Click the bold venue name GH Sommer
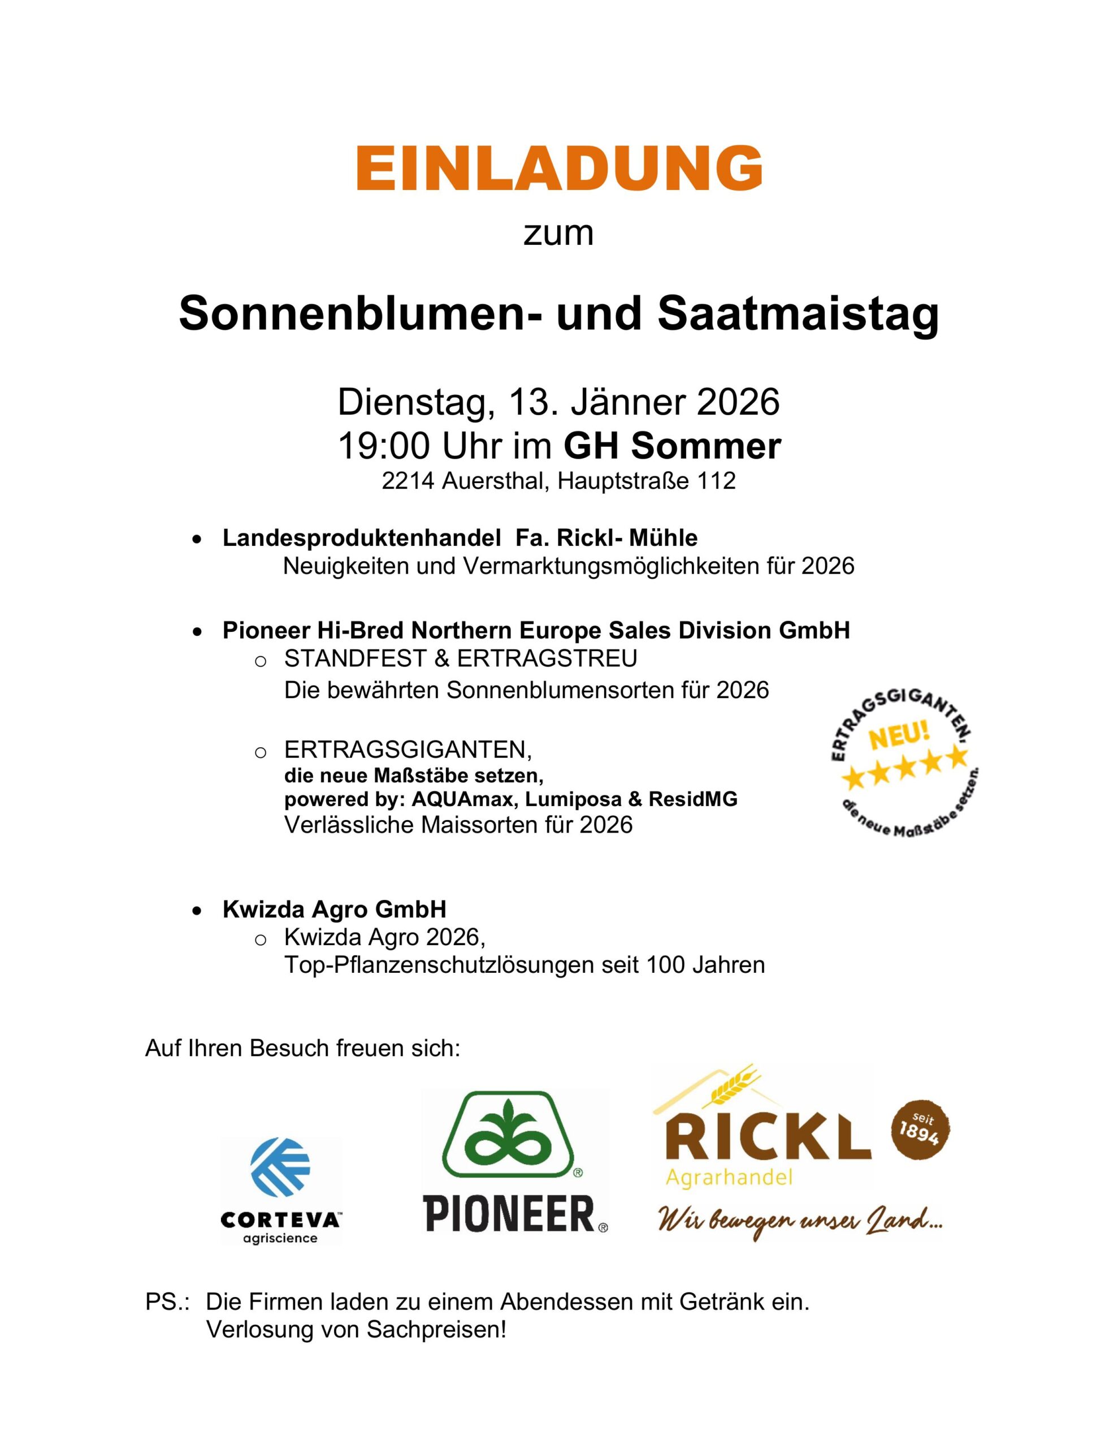672,446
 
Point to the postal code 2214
407,481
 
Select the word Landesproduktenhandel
361,538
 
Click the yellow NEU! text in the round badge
899,736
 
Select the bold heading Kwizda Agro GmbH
334,909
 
